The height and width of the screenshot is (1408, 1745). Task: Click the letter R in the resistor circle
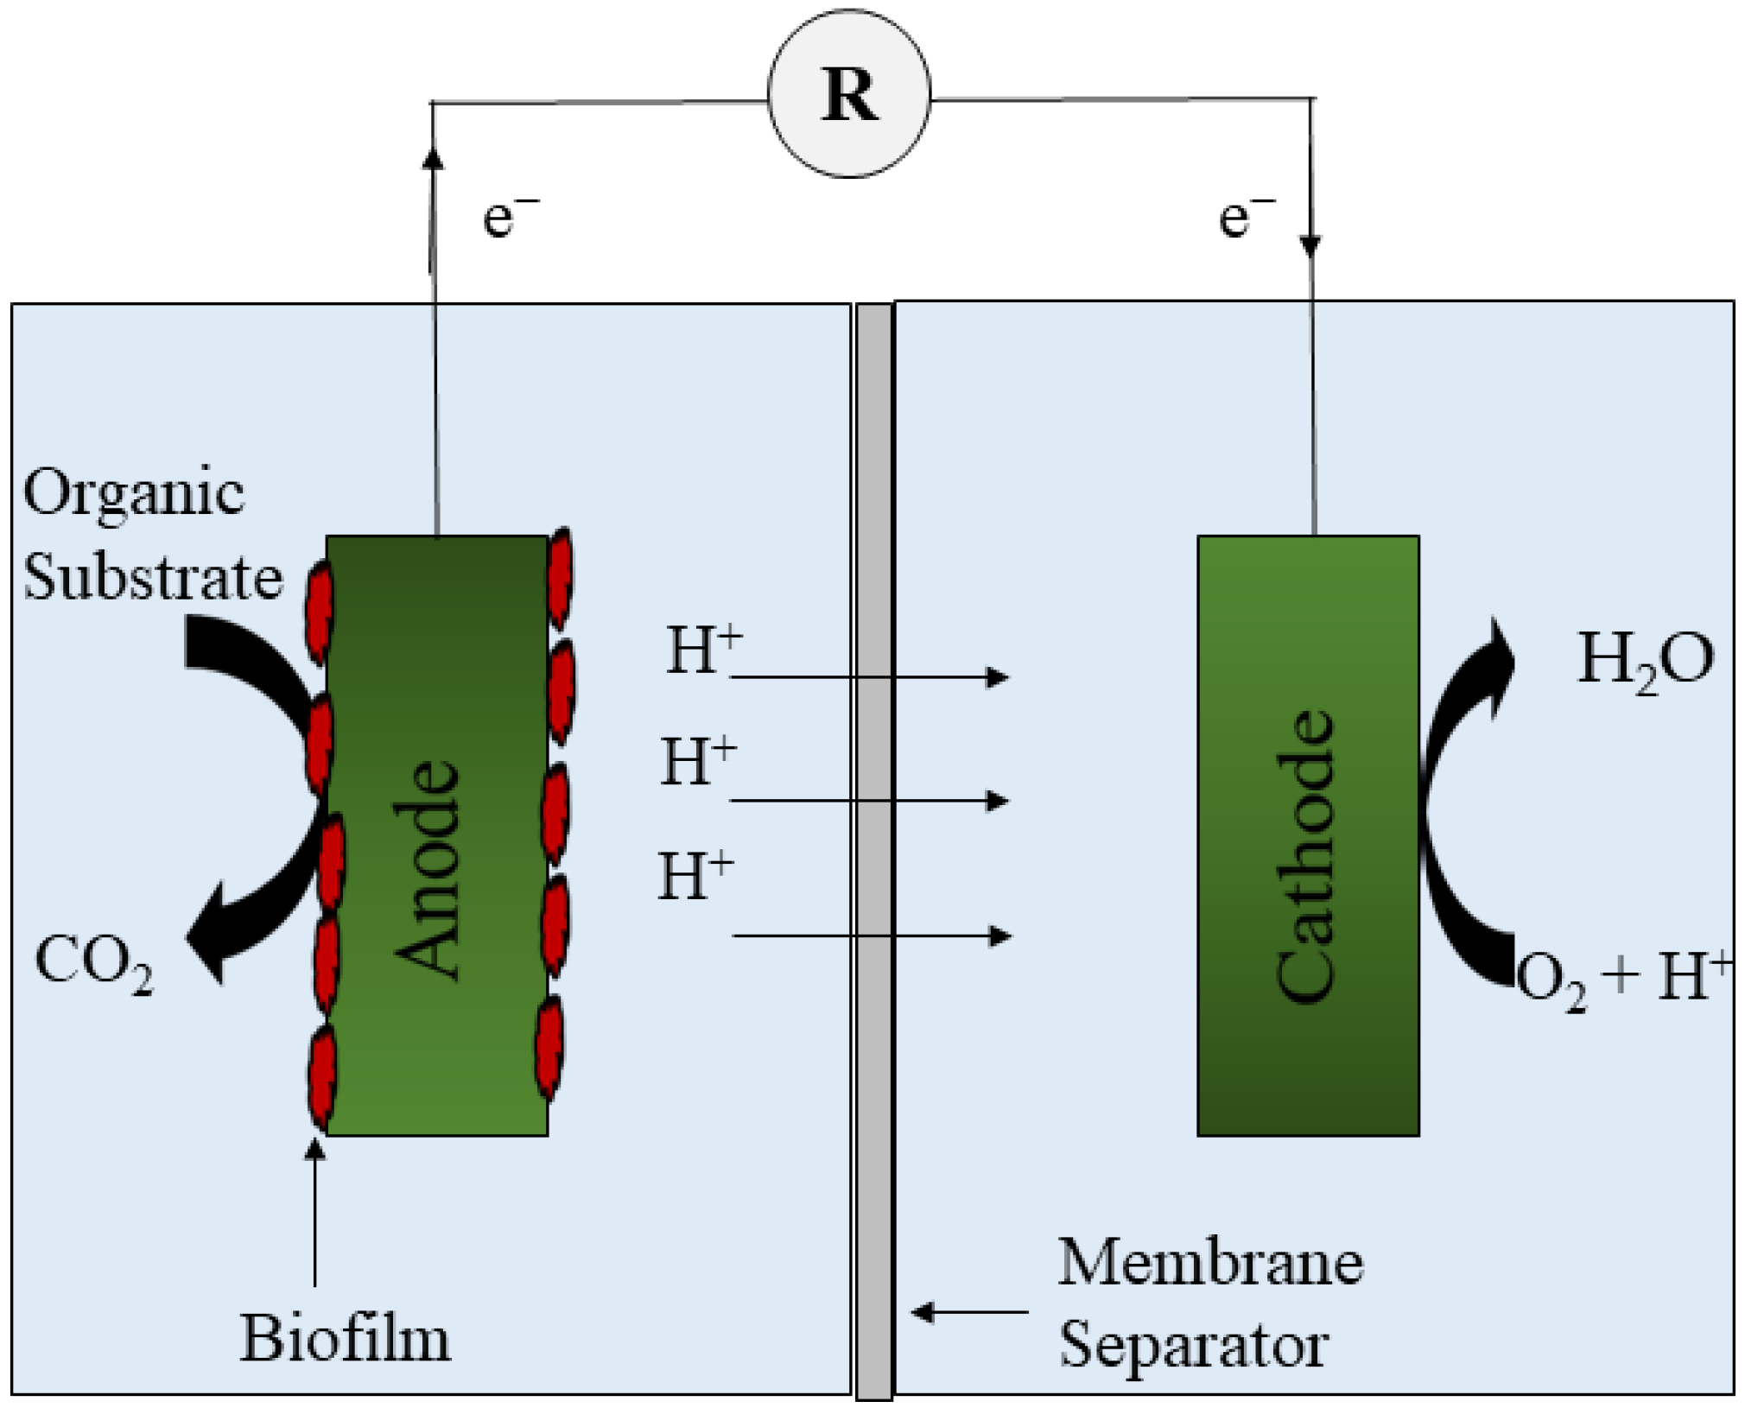pyautogui.click(x=850, y=95)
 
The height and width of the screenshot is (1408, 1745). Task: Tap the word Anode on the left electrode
pyautogui.click(x=427, y=870)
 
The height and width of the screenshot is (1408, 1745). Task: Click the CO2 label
pyautogui.click(x=94, y=963)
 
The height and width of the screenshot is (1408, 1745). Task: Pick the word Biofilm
pyautogui.click(x=345, y=1339)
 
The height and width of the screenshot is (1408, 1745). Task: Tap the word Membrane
pyautogui.click(x=1210, y=1263)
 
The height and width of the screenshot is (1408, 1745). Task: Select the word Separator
pyautogui.click(x=1194, y=1345)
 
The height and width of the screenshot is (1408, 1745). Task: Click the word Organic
pyautogui.click(x=134, y=494)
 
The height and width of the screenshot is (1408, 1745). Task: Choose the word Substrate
pyautogui.click(x=153, y=577)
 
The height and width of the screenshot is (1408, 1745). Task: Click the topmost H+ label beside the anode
pyautogui.click(x=702, y=650)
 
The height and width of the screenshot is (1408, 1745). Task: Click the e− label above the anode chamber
pyautogui.click(x=510, y=216)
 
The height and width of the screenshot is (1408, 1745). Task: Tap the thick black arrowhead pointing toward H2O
pyautogui.click(x=1500, y=661)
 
